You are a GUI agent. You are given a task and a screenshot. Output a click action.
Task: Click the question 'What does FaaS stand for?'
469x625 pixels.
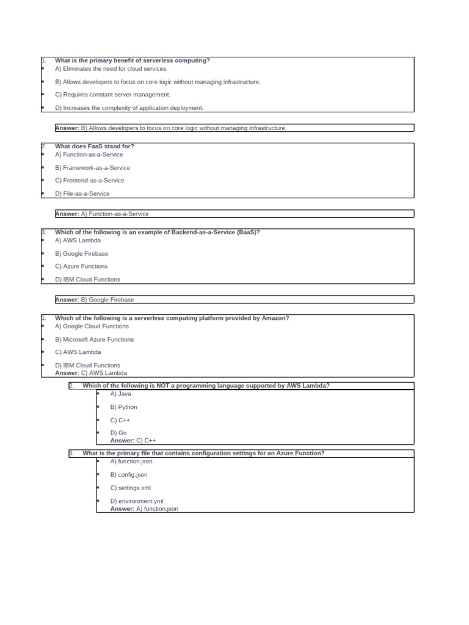95,146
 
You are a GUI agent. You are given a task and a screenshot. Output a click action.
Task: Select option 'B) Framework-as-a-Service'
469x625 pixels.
92,168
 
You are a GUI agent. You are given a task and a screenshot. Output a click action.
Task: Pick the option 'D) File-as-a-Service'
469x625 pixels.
82,194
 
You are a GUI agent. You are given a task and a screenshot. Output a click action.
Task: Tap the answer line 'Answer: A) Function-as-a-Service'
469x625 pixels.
102,214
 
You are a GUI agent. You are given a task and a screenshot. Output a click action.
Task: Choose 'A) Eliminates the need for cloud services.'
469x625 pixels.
111,69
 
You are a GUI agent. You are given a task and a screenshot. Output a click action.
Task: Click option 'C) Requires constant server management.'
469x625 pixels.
112,95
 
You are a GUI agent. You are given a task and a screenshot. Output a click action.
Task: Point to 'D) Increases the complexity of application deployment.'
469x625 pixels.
129,108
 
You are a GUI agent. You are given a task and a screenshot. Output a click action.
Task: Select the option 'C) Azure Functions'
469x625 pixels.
81,267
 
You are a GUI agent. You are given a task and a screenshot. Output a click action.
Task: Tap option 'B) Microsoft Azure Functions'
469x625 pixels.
94,340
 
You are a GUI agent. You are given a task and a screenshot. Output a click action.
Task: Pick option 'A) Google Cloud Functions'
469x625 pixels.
92,327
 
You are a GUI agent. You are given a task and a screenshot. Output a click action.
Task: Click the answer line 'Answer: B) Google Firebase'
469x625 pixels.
95,300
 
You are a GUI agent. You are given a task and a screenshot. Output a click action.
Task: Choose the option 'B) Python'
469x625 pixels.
123,407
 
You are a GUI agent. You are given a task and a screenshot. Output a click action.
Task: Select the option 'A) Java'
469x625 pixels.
120,394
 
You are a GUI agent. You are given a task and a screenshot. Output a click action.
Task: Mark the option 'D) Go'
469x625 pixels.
118,433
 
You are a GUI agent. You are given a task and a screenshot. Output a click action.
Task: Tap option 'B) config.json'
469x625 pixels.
128,475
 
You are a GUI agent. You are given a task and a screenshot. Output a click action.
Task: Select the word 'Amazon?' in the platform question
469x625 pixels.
274,318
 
